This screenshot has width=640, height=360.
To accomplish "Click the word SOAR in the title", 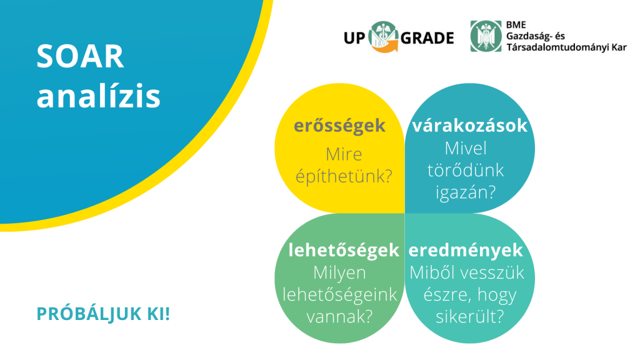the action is coord(80,56).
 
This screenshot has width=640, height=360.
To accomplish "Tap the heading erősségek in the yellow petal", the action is coord(339,126).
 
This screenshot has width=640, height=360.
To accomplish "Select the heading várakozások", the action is coord(470,125).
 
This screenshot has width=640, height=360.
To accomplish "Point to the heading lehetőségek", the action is coord(344,250).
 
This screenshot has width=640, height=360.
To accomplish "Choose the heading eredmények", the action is coord(466,250).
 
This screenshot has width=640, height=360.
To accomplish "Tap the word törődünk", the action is coord(466,170).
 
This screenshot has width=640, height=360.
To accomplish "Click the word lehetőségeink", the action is coord(339,295).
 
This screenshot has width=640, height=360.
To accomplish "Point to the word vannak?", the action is coord(339,316).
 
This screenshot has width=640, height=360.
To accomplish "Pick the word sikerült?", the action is coord(470,316).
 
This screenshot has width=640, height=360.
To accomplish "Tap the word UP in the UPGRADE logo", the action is coord(354,38).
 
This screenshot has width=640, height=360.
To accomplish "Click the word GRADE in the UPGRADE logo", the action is coord(427,38).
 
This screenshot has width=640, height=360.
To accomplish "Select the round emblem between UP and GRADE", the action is coord(383,37).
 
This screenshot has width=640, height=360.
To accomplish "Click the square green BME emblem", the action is coord(486,36).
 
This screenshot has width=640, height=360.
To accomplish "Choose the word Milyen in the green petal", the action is coord(339,273).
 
